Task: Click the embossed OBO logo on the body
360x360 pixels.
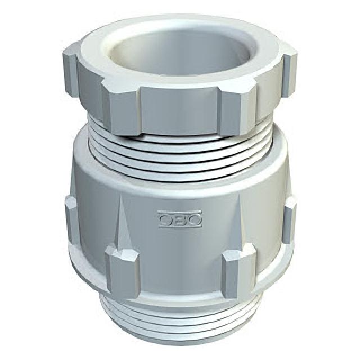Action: point(181,219)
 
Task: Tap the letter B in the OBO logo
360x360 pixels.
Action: point(181,219)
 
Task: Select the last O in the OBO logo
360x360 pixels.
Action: point(195,219)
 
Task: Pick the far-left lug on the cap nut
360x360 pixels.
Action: point(70,71)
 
